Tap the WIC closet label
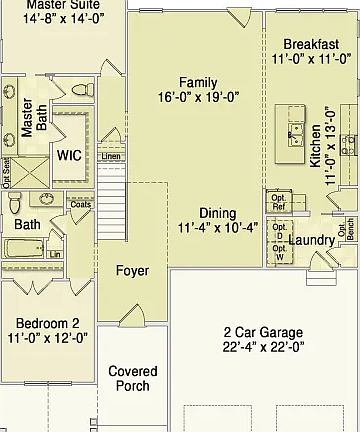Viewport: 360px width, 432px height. pyautogui.click(x=69, y=155)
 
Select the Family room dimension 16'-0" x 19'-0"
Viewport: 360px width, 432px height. pyautogui.click(x=197, y=98)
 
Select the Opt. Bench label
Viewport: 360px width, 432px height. pyautogui.click(x=351, y=230)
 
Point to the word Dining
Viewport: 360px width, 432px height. pyautogui.click(x=217, y=213)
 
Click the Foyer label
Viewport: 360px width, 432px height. pyautogui.click(x=132, y=271)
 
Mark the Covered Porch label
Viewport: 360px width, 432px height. pyautogui.click(x=130, y=378)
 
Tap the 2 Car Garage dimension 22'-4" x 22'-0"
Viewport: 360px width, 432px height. pyautogui.click(x=263, y=347)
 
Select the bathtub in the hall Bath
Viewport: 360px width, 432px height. pyautogui.click(x=24, y=248)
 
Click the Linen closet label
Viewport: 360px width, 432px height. pyautogui.click(x=110, y=158)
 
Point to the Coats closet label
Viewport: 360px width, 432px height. pyautogui.click(x=81, y=204)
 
